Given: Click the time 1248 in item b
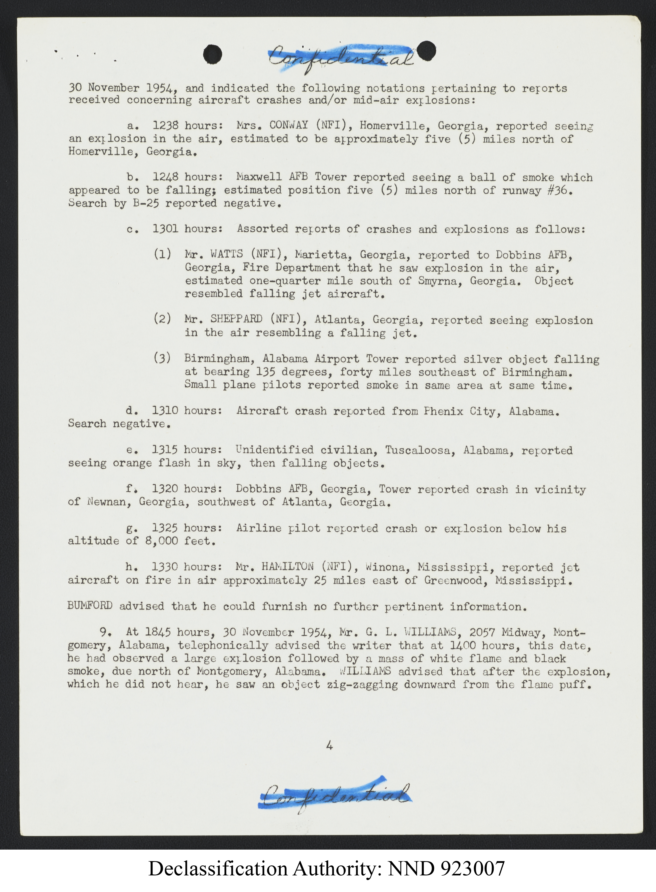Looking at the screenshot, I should [165, 177].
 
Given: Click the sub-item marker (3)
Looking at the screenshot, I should [162, 358].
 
